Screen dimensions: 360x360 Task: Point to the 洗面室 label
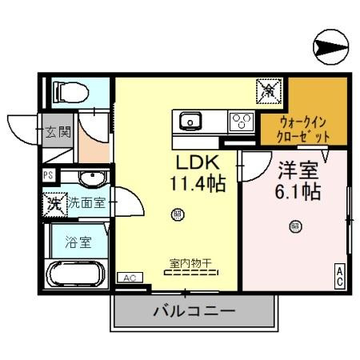(86, 202)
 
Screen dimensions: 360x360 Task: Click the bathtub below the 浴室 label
(74, 274)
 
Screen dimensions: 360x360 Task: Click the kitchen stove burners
(240, 122)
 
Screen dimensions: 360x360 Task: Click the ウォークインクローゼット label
(305, 129)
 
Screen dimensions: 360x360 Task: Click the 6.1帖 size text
(299, 192)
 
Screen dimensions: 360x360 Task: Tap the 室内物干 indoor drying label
(190, 262)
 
